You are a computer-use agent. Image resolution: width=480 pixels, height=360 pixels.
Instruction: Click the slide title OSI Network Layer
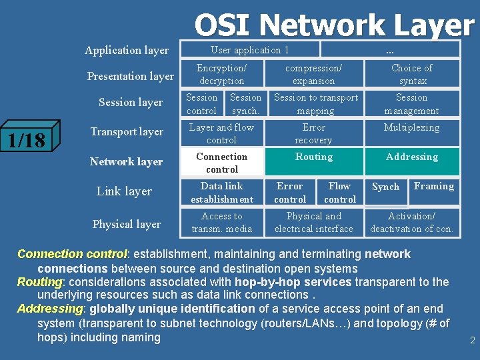[333, 25]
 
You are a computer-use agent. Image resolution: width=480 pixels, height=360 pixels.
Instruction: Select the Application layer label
[127, 50]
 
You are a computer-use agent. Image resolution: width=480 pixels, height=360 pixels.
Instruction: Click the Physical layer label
[127, 224]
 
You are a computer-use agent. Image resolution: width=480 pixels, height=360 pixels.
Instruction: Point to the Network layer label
[127, 161]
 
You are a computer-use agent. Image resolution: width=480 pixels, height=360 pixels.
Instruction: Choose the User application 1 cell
[250, 50]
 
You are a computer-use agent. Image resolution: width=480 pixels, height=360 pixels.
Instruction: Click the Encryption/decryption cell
[221, 74]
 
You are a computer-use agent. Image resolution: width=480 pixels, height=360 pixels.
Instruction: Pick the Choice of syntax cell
[412, 74]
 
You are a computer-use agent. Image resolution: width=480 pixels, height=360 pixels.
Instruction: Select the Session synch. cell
[245, 104]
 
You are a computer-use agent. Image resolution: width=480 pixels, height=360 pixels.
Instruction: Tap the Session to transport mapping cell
[316, 104]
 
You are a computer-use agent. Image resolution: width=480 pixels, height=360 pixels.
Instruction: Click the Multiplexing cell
[412, 127]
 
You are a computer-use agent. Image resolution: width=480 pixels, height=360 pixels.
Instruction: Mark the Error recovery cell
[313, 133]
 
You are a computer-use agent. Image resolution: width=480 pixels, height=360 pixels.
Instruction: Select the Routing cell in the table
[313, 157]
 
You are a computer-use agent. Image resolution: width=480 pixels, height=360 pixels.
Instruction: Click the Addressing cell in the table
[412, 157]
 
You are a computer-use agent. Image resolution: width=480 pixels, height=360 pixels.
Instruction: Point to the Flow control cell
[339, 193]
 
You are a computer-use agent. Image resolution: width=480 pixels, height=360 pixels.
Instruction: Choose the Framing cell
[434, 187]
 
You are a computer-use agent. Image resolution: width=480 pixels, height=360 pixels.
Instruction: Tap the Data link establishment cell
[222, 193]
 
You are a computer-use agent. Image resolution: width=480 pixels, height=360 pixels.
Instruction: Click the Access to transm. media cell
[222, 223]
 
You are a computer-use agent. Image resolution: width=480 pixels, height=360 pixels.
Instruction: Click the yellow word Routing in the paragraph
[39, 282]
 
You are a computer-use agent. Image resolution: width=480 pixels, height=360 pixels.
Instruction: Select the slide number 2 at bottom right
[472, 340]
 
